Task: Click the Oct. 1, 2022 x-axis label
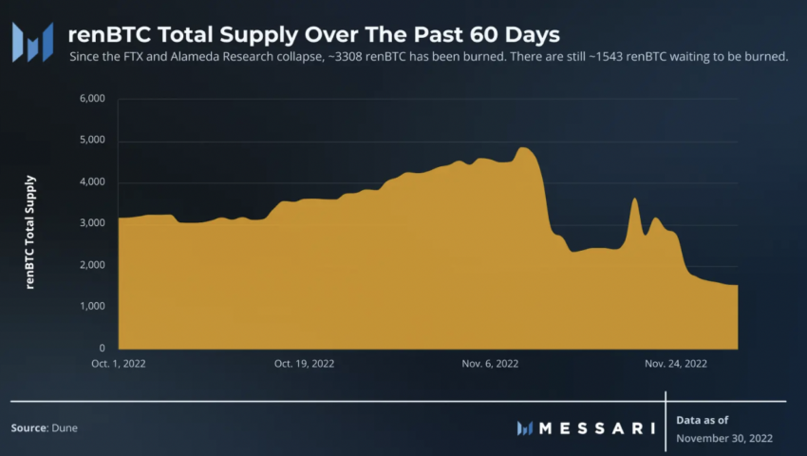[x=119, y=363]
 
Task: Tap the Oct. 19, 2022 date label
[x=304, y=363]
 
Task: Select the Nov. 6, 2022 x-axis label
[x=489, y=363]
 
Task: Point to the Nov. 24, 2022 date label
[x=676, y=363]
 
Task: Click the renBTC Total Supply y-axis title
[x=30, y=232]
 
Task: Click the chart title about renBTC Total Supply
[x=313, y=34]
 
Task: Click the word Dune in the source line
[x=66, y=428]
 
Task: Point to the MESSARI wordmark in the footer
[x=596, y=428]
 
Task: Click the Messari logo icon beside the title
[x=32, y=40]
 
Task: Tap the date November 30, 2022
[x=724, y=438]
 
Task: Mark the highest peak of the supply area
[x=523, y=148]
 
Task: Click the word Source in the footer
[x=28, y=428]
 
